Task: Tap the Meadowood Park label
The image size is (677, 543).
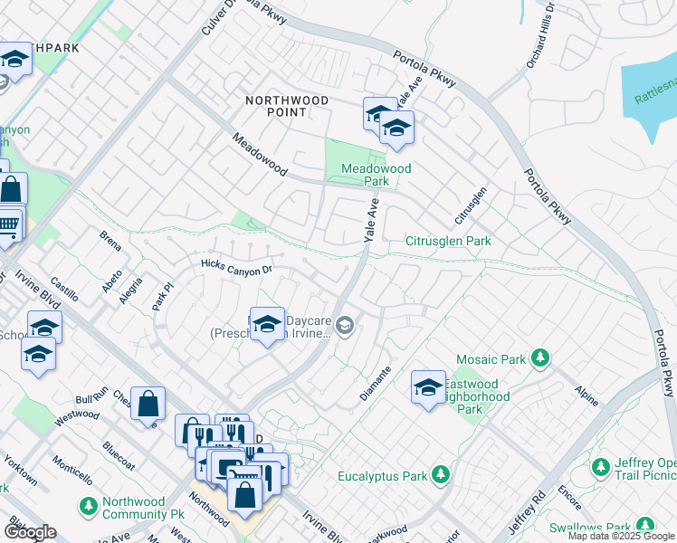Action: pos(377,175)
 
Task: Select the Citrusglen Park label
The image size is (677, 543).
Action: pos(448,242)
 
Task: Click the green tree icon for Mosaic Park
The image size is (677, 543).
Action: pos(540,359)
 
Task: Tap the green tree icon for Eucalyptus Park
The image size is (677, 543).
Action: pos(441,475)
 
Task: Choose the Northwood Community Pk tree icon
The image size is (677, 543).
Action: pos(88,504)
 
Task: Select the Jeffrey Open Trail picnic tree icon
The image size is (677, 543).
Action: pos(600,468)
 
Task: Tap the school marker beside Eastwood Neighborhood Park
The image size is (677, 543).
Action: pos(428,386)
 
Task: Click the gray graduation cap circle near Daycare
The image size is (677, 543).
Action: pos(345,325)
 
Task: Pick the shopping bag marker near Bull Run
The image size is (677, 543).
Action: pos(148,404)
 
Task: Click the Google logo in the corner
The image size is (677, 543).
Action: pos(30,532)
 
